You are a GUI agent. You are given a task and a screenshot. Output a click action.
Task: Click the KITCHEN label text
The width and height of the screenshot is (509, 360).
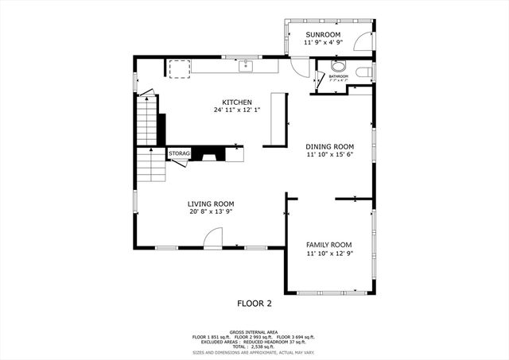pos(237,103)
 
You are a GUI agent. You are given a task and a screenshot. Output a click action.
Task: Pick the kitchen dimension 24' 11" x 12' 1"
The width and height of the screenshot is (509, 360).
pos(237,110)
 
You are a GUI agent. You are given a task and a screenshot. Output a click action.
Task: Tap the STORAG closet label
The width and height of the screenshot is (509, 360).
pos(178,153)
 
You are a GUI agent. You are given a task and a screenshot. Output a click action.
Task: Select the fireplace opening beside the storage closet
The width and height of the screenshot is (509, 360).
pos(212,154)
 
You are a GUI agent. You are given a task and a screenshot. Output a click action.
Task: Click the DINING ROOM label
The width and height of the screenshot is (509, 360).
pos(329,146)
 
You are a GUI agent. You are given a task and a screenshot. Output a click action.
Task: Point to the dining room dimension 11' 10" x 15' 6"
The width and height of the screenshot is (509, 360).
pos(329,154)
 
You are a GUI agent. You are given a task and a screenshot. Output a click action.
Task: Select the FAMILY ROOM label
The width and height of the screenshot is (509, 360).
pos(329,245)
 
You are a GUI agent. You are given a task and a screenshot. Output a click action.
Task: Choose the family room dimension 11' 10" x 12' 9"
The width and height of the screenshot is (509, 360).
pos(329,253)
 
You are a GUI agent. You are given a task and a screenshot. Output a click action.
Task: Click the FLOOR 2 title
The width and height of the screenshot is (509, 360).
pos(254,303)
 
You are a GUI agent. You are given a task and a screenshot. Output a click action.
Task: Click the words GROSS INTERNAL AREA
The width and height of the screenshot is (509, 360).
pos(254,331)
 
